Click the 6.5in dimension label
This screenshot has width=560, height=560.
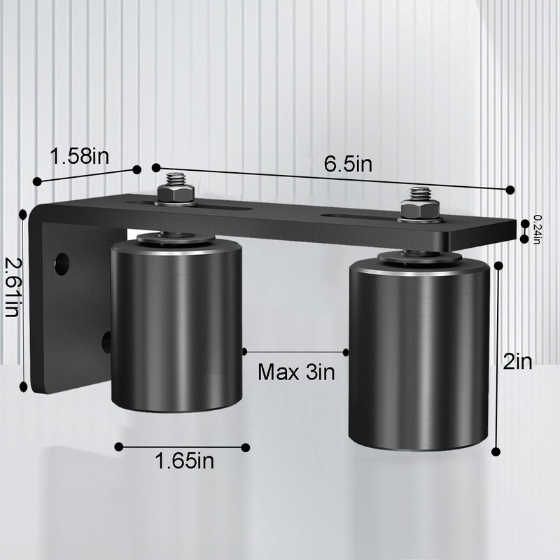tap(347, 164)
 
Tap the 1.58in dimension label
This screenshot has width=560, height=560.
tap(79, 155)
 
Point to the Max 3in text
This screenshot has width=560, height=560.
tap(297, 371)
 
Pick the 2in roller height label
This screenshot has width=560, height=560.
tap(518, 362)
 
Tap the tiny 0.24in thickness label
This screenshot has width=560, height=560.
tap(537, 229)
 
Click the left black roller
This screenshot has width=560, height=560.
tap(177, 329)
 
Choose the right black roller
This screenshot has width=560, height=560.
tap(419, 357)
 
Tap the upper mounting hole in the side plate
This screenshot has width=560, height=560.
tap(62, 262)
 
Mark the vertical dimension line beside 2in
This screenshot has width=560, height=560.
tap(498, 357)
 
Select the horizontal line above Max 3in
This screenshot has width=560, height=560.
tap(295, 352)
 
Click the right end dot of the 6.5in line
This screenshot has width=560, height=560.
tap(510, 190)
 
